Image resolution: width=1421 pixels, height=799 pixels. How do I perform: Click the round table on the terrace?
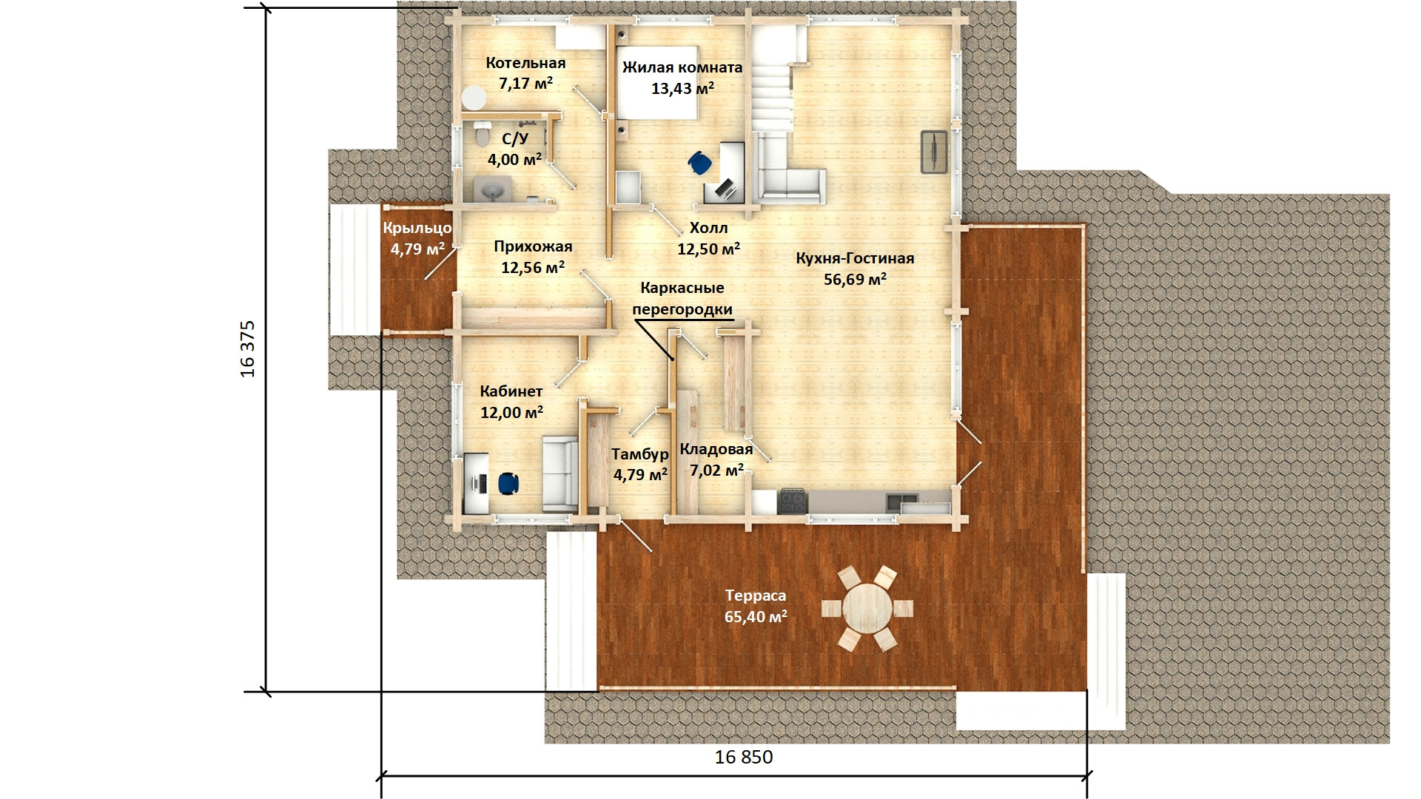(x=867, y=608)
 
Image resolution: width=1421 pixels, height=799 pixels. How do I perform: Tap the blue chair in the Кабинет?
(x=508, y=483)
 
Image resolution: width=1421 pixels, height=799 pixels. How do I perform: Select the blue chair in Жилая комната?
(x=698, y=163)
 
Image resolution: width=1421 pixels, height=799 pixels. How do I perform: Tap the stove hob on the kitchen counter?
(x=792, y=501)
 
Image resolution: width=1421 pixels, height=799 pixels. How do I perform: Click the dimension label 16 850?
(x=744, y=757)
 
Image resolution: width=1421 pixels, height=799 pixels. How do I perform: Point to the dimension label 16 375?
(x=247, y=348)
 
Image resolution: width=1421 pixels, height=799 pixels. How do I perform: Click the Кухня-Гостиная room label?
(x=855, y=258)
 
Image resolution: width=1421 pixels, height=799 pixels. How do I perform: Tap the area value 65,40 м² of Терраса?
(x=756, y=616)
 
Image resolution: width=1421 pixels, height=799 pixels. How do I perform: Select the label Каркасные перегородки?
(x=682, y=298)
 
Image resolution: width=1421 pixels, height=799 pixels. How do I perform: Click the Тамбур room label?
(x=639, y=454)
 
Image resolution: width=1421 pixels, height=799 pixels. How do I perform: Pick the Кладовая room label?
(x=716, y=449)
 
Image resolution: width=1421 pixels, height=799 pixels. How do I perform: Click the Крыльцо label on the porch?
(x=417, y=228)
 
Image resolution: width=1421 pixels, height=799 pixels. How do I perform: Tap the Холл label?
(x=708, y=228)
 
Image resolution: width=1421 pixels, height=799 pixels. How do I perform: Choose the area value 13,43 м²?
(x=682, y=89)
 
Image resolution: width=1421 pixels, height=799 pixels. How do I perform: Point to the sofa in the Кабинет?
(x=559, y=473)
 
